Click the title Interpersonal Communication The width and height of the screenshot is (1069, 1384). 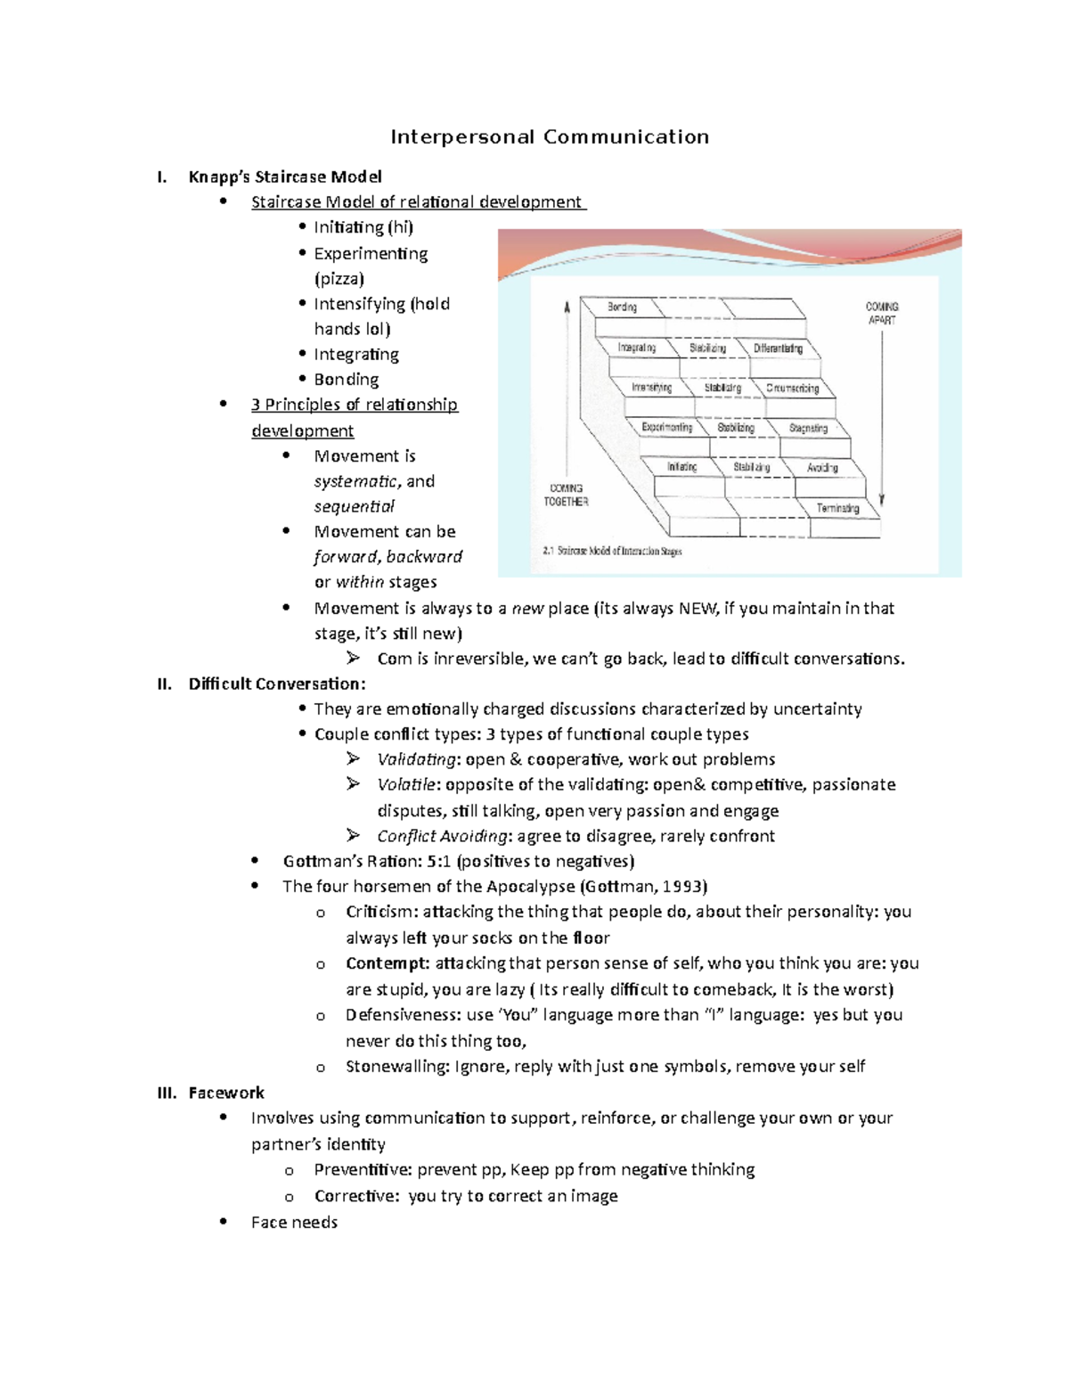pos(550,137)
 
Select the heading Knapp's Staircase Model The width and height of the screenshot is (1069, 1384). pos(285,176)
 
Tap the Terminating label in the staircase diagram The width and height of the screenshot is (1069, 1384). pos(837,508)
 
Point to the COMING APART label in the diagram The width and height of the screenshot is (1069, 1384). pos(882,313)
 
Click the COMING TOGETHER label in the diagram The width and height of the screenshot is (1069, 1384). pos(567,495)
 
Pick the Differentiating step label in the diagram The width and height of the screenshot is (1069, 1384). pos(778,348)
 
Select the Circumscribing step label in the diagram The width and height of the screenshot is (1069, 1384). pos(792,389)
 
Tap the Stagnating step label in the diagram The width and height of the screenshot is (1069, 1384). pos(808,428)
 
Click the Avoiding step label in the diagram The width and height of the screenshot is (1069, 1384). pos(822,468)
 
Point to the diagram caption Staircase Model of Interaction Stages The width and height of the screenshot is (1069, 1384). pos(612,552)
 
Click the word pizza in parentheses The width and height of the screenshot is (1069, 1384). pos(339,279)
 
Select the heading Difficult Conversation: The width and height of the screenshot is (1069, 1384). pos(276,684)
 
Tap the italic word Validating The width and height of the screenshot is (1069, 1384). pos(416,759)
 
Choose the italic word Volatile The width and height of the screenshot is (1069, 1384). pos(406,784)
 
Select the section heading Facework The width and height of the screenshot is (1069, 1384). pos(226,1093)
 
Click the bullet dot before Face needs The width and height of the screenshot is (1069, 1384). pos(224,1222)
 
